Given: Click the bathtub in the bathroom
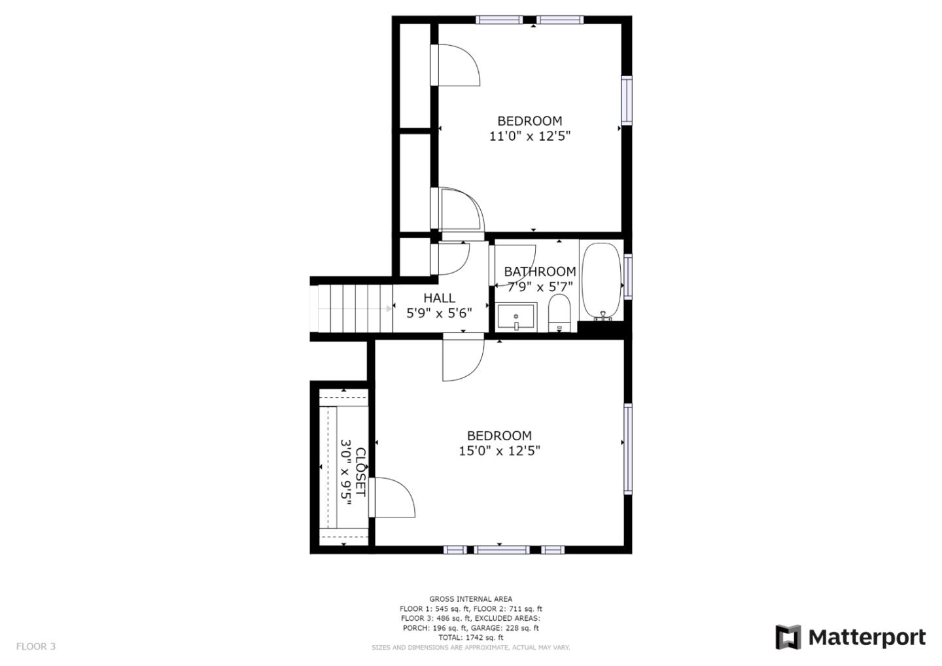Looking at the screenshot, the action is point(601,282).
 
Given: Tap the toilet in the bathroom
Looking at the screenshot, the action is point(559,313).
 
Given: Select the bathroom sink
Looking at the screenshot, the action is point(516,317).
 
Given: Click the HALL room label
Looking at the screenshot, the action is point(439,298).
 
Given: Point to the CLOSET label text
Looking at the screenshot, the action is point(361,472).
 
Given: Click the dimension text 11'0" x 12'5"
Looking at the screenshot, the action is point(530,136).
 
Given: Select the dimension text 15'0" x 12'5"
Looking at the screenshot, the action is point(499,451).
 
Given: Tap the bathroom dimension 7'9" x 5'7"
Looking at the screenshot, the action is point(540,287).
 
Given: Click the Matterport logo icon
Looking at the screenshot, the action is point(788,637).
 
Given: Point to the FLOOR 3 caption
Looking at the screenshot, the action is point(36,646).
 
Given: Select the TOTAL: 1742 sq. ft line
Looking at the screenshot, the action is point(470,637).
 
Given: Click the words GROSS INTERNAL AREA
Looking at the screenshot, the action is point(470,599).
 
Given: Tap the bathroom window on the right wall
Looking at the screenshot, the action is point(627,276).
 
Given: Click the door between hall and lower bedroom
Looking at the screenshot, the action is point(463,357).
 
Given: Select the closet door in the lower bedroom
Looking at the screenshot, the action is point(392,497).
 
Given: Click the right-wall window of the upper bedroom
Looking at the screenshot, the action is point(627,100).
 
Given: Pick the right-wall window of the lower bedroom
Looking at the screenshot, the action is point(627,449).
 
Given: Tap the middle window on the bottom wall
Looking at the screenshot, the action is point(502,550).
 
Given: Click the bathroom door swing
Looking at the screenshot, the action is point(512,266).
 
